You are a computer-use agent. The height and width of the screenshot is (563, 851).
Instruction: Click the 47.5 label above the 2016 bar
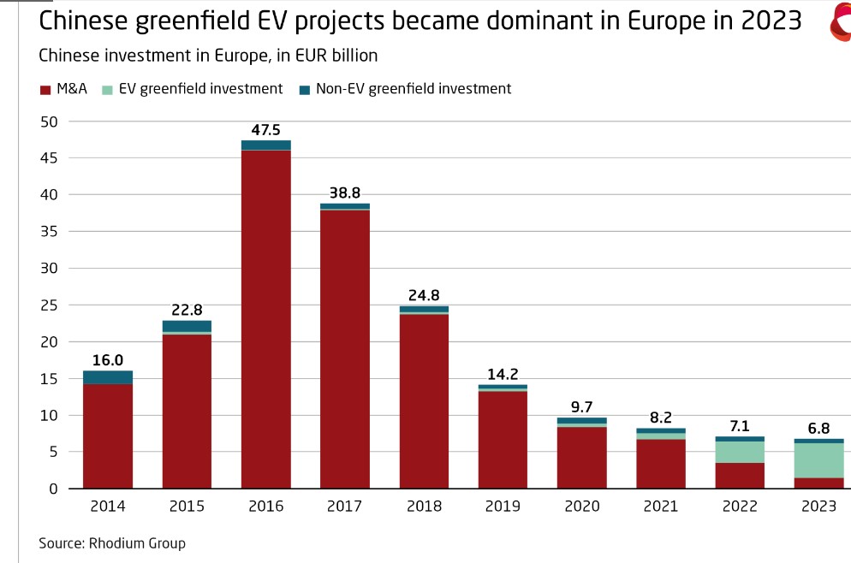click(266, 130)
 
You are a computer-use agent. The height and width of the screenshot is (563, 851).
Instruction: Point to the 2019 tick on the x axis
click(503, 506)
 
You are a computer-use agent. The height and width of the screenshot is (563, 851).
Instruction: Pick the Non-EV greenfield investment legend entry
click(414, 89)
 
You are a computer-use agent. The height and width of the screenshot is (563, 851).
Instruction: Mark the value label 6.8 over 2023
click(818, 429)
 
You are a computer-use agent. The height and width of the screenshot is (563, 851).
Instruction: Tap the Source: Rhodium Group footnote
click(112, 543)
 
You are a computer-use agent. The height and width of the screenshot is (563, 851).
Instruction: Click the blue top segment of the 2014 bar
click(108, 377)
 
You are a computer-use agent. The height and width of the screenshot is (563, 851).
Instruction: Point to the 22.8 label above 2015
click(187, 311)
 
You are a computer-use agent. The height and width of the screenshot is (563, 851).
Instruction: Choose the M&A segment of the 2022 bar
click(740, 476)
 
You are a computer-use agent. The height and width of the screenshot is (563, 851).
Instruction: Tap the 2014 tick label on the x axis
click(108, 506)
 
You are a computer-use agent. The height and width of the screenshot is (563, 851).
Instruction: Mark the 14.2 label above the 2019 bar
click(503, 374)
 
